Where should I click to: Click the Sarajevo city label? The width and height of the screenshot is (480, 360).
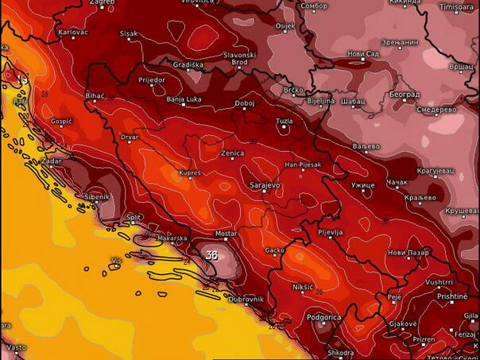tap(265, 185)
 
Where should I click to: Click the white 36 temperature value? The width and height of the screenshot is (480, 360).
tap(211, 255)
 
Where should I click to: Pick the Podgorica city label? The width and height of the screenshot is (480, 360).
tap(324, 317)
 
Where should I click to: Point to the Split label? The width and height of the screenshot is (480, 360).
tap(134, 217)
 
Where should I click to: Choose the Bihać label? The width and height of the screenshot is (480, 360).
tap(95, 95)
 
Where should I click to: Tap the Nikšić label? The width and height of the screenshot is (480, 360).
tap(304, 285)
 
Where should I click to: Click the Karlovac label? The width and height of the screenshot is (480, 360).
tap(73, 32)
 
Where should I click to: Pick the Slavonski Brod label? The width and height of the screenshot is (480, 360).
tap(239, 58)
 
